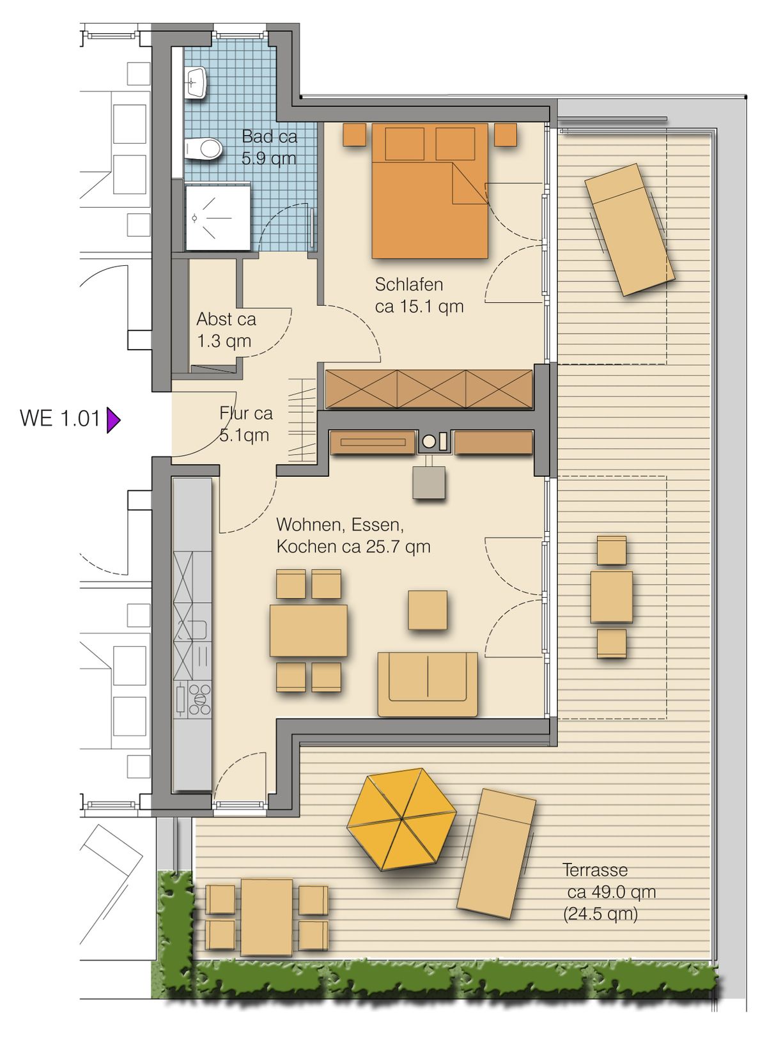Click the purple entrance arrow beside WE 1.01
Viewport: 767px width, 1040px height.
point(113,420)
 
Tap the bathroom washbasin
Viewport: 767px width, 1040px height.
point(196,82)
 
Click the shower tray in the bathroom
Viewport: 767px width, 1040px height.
point(218,217)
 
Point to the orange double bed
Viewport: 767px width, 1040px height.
point(430,190)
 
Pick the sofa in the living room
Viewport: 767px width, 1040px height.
point(428,684)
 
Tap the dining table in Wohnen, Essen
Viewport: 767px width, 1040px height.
point(308,630)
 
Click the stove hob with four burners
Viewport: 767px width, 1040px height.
point(199,700)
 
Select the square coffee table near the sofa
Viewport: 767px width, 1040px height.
point(428,610)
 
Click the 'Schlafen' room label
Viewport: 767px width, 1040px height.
point(408,284)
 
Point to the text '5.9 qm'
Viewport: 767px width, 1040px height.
point(268,159)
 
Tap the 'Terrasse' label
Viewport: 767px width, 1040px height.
point(595,869)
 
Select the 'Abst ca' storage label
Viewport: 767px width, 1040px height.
point(226,319)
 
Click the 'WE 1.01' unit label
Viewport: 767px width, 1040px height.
point(60,418)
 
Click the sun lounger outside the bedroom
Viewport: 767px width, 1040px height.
point(629,229)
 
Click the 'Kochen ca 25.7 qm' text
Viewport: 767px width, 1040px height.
point(353,547)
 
